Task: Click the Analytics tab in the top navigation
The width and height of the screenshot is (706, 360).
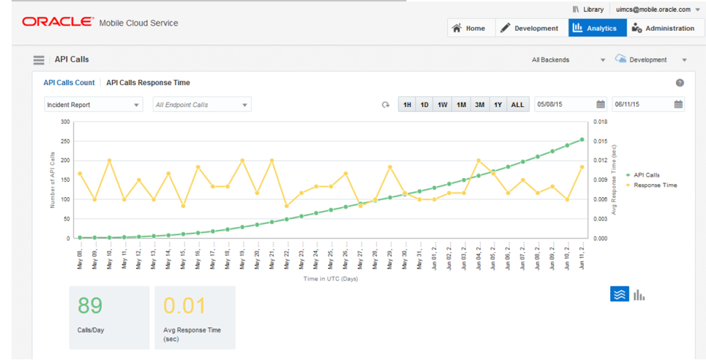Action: click(594, 28)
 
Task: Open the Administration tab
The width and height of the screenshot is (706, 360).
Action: click(662, 28)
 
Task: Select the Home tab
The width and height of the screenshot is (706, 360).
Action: click(469, 28)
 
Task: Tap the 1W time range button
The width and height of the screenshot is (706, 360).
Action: click(442, 105)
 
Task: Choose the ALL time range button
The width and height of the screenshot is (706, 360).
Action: click(517, 105)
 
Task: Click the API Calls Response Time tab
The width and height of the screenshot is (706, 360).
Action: click(148, 83)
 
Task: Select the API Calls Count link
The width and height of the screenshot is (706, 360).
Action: click(69, 83)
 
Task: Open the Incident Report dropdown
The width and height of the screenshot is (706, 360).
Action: click(94, 105)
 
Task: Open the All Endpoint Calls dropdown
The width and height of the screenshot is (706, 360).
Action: click(202, 105)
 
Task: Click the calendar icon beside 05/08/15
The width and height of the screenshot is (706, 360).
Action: click(601, 105)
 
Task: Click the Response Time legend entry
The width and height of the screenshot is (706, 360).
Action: click(654, 185)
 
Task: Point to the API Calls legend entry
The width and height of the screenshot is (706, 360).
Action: click(646, 175)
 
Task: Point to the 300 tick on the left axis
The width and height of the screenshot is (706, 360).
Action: click(65, 122)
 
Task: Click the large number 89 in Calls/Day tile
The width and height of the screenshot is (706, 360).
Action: click(91, 305)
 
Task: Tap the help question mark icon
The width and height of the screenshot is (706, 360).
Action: click(680, 83)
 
